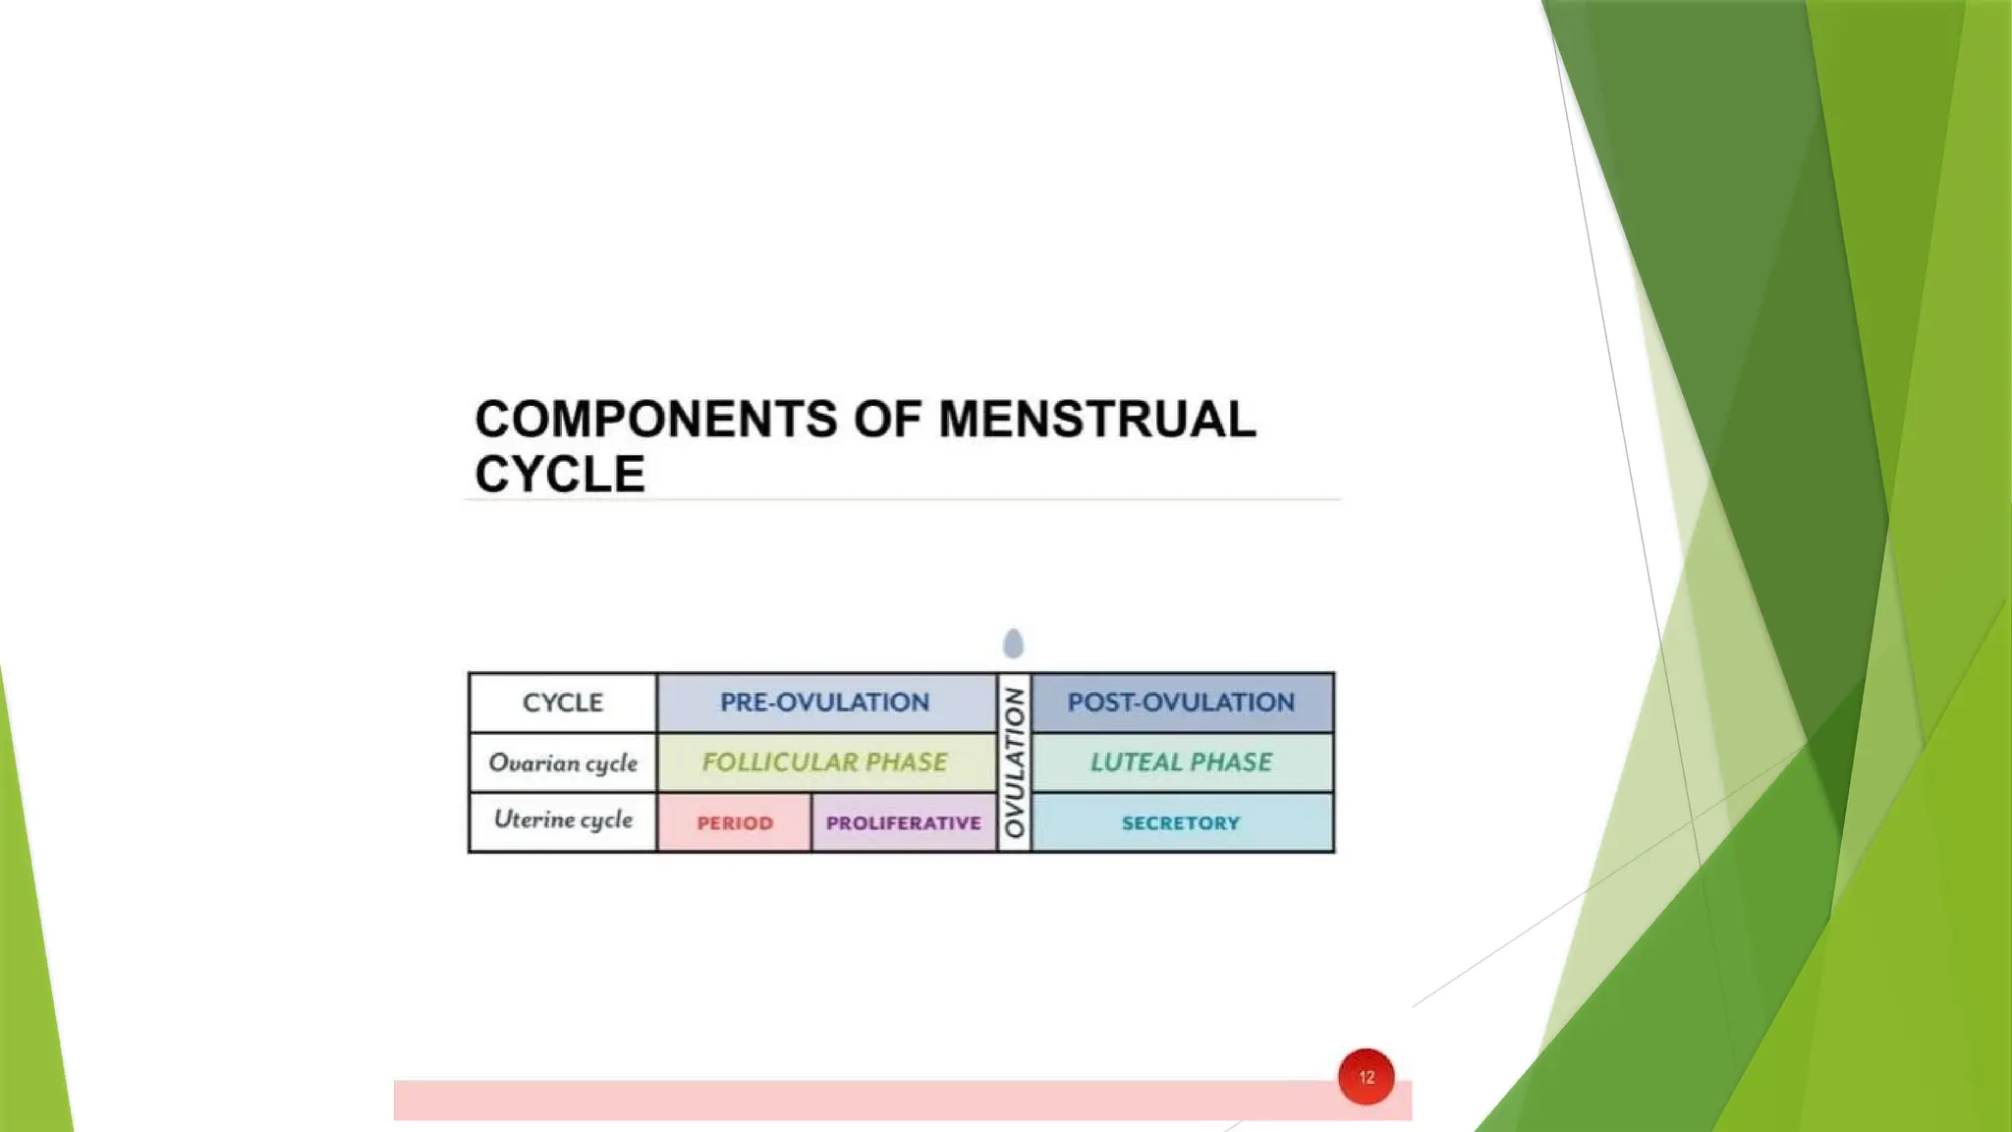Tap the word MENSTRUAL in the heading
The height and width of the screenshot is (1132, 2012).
[1096, 420]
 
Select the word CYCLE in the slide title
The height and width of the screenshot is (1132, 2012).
[560, 475]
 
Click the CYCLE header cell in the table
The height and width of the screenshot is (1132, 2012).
[563, 703]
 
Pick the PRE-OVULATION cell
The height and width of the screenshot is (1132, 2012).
[825, 703]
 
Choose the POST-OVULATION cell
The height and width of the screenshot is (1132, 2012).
[1181, 703]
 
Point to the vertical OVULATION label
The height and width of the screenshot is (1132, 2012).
[1015, 763]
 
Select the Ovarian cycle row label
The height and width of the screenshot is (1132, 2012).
[563, 763]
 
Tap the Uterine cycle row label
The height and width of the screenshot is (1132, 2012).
[563, 821]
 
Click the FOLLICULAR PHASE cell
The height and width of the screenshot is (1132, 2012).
[825, 763]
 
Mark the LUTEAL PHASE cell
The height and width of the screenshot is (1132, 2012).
[1181, 763]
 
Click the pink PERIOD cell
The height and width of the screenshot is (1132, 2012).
[735, 822]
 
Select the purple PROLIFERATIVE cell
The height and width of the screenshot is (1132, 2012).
[904, 822]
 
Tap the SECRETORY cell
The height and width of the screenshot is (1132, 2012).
[1181, 822]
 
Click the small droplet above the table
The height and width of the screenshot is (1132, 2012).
[1014, 644]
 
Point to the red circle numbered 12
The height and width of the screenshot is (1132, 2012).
[1366, 1077]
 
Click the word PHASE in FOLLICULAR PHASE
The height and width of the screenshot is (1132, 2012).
[906, 763]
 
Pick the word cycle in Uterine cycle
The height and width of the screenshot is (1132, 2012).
[603, 821]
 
